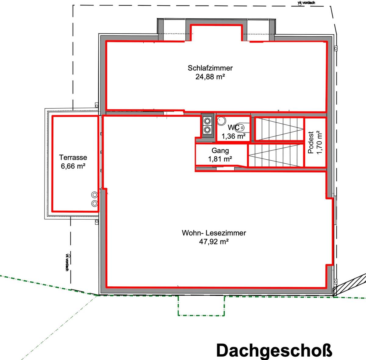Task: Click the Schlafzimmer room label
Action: [x=210, y=68]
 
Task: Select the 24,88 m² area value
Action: [x=210, y=77]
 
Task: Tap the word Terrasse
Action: [x=73, y=158]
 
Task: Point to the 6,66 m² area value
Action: [x=73, y=166]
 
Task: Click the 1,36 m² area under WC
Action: [x=233, y=136]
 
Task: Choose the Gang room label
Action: [x=220, y=151]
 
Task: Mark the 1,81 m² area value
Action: [x=220, y=159]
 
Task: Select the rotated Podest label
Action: [x=311, y=142]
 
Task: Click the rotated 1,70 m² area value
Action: [x=319, y=142]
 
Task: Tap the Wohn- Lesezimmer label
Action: [x=214, y=233]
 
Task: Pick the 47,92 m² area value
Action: [x=214, y=242]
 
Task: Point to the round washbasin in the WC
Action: [x=221, y=121]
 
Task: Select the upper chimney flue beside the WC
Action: [x=207, y=120]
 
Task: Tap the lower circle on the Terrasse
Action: [x=95, y=203]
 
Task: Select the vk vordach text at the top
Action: [x=306, y=3]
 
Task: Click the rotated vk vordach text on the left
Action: [x=67, y=262]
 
